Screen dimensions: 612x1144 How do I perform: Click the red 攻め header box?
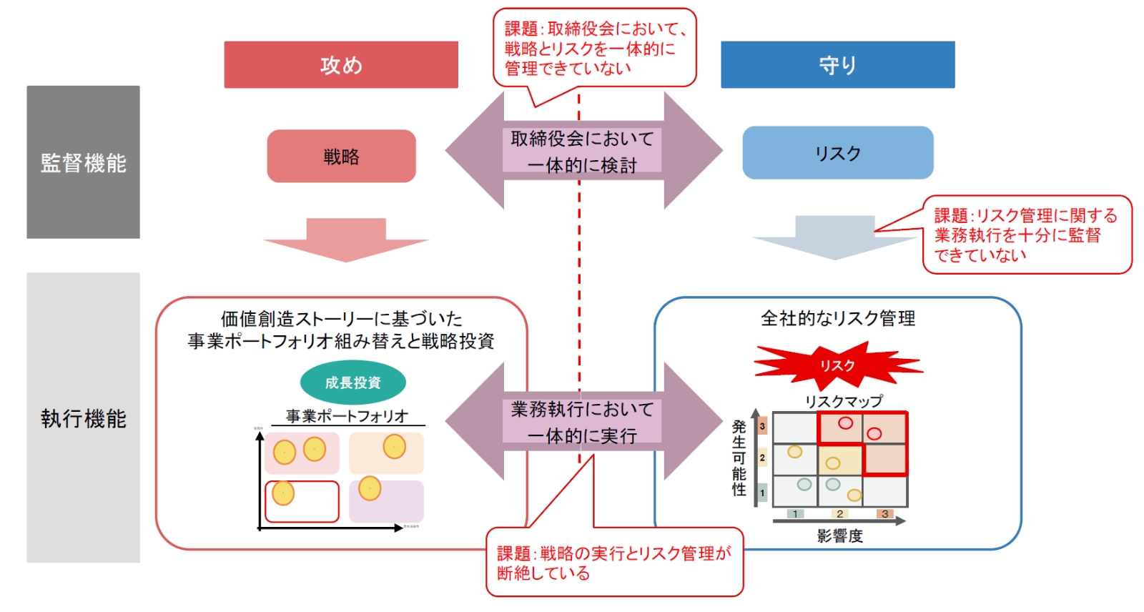[341, 65]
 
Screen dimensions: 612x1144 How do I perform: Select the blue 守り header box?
[837, 65]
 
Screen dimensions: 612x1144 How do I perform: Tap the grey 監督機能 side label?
[83, 162]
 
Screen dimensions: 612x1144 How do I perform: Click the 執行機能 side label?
[83, 418]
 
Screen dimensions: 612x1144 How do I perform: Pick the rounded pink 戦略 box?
[341, 156]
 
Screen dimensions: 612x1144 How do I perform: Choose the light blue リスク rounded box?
[837, 153]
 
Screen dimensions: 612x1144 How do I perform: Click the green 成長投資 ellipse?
[352, 382]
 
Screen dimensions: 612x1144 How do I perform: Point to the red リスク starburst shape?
[837, 365]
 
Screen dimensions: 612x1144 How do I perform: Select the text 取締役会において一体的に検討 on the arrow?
[582, 152]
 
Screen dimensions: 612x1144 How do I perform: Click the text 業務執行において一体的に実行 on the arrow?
[582, 422]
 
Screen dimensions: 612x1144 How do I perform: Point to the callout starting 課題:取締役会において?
[594, 48]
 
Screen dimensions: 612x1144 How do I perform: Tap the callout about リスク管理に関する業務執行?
[1026, 235]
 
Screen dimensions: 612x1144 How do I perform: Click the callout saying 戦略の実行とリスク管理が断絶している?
[613, 563]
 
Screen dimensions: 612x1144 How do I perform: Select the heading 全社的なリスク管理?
[837, 318]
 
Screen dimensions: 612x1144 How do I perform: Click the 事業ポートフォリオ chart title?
[347, 415]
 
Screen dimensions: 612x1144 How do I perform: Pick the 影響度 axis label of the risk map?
[839, 535]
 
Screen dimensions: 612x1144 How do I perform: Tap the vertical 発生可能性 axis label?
[739, 458]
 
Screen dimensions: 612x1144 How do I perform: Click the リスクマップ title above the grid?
[843, 401]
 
